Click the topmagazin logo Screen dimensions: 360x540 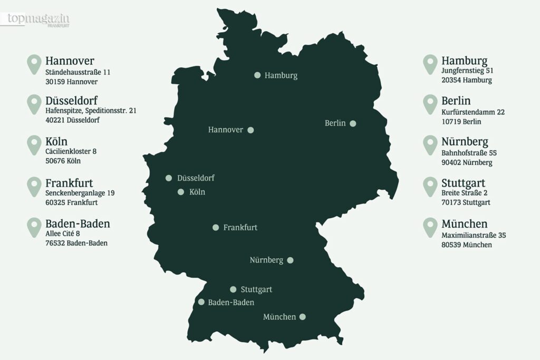tap(38, 20)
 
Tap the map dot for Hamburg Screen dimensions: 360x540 tap(257, 75)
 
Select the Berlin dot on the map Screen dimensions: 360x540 tap(353, 123)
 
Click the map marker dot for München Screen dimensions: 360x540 tap(302, 317)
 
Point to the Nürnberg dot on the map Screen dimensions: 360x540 tap(290, 260)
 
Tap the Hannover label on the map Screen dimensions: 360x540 tap(226, 130)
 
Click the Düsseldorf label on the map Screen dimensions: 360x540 tap(196, 178)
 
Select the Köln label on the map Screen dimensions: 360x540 tap(197, 192)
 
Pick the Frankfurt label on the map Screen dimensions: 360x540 tap(240, 228)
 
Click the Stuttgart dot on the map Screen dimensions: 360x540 tap(233, 289)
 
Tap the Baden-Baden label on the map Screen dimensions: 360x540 tap(231, 303)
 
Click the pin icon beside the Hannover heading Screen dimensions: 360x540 tap(34, 64)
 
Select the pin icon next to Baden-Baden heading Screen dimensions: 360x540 tap(34, 227)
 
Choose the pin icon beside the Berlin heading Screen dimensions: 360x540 tap(430, 104)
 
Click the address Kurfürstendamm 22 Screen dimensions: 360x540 tap(473, 112)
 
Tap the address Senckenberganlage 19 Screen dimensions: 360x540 tap(80, 193)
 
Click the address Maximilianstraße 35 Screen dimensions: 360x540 tap(474, 235)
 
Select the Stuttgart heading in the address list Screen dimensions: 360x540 tap(463, 183)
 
